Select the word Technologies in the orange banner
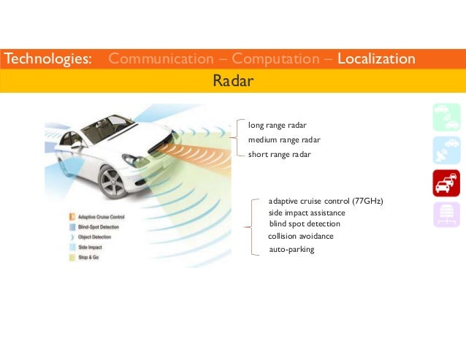pos(48,58)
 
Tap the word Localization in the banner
pos(376,58)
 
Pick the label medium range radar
pos(284,139)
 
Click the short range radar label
pos(280,154)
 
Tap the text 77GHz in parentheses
pos(367,201)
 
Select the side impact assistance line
pos(307,212)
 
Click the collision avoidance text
pos(301,237)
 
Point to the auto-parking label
pos(291,249)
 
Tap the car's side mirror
pos(77,144)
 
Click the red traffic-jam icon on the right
pos(446,183)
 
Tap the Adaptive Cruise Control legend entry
pos(101,217)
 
